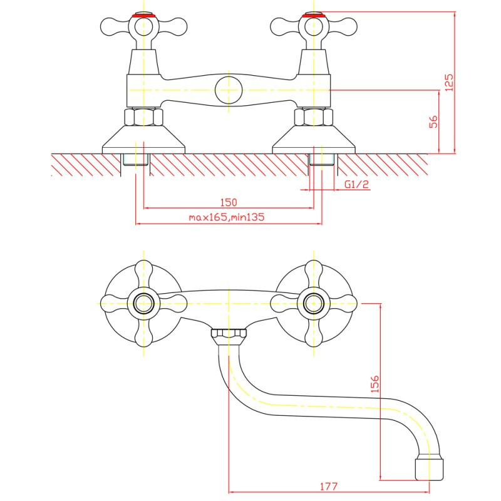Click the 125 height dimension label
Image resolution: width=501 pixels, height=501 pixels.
[x=449, y=83]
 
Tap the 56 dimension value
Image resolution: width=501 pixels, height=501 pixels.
[x=433, y=121]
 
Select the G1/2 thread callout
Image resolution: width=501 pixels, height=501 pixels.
[x=356, y=184]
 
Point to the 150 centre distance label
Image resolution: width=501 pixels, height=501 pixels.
[x=229, y=202]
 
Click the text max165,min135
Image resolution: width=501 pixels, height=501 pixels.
[x=227, y=217]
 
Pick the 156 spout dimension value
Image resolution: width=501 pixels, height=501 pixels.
[x=374, y=384]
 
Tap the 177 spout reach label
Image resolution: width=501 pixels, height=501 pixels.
[x=329, y=487]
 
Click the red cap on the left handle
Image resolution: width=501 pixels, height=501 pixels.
[x=143, y=15]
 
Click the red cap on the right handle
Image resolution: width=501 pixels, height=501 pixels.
[x=314, y=15]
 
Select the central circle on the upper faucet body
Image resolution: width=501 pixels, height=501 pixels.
[x=229, y=90]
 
